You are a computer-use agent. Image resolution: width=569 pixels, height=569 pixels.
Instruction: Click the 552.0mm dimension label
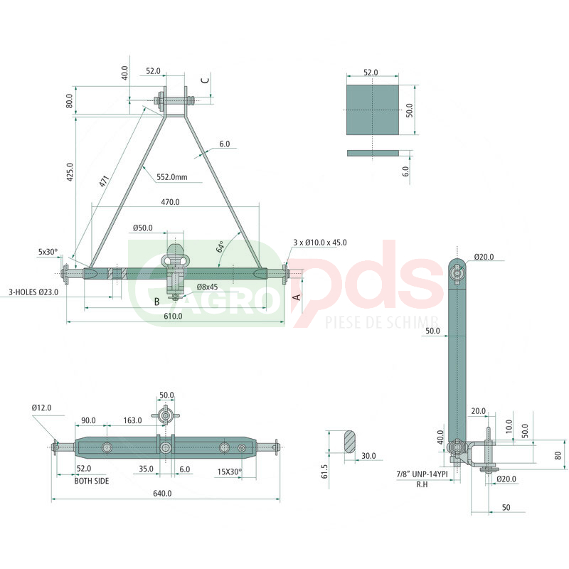pos(172,177)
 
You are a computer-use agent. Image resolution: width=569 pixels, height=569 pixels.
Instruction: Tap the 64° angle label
pos(220,247)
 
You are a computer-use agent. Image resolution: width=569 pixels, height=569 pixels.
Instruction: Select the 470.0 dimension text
pos(170,202)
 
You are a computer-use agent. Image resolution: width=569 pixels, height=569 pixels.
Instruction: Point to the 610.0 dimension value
pos(173,316)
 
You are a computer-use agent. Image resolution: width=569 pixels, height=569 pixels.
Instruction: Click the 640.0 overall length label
pos(162,494)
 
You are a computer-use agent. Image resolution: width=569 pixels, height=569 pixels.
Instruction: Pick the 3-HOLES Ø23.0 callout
pos(33,292)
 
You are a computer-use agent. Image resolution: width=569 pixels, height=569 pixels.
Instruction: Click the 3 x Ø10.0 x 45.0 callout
pos(320,243)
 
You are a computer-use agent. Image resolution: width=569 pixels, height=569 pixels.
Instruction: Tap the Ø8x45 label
pos(207,287)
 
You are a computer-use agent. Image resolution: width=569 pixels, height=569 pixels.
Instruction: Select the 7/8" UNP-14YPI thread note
pos(422,474)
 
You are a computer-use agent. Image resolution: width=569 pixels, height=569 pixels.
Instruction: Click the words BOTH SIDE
pos(92,481)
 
